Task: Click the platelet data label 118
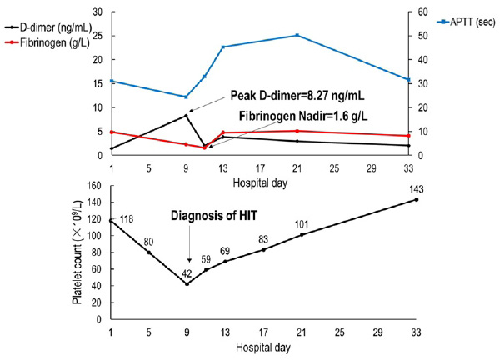(x=127, y=220)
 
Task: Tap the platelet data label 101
(x=303, y=222)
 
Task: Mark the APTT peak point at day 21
(x=297, y=35)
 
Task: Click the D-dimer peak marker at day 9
(x=187, y=116)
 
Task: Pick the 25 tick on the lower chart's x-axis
(x=339, y=333)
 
